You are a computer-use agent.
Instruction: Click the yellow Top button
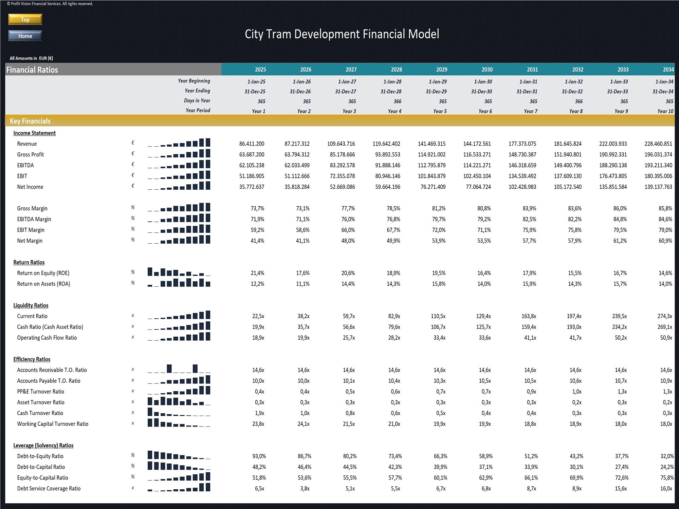[25, 19]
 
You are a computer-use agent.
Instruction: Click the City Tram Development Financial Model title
[342, 34]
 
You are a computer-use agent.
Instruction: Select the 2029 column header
[441, 70]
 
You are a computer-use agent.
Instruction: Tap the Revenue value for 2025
[252, 144]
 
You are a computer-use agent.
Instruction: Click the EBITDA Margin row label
[34, 219]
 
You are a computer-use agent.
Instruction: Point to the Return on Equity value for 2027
[348, 273]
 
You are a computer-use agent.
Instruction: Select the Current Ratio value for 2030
[483, 316]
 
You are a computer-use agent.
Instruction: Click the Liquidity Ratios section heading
[31, 305]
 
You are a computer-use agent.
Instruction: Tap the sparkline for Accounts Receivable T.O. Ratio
[179, 369]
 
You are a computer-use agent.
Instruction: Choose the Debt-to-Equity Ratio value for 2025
[259, 456]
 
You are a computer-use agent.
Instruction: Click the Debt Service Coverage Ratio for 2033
[621, 489]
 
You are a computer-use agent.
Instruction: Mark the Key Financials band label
[30, 121]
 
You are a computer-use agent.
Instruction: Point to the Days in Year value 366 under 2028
[397, 101]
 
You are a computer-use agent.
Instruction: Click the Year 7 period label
[530, 111]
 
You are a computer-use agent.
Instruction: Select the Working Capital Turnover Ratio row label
[53, 424]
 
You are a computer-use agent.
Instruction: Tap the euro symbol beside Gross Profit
[133, 154]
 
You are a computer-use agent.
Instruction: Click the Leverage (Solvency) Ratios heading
[43, 446]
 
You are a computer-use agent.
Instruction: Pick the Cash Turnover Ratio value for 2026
[305, 413]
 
